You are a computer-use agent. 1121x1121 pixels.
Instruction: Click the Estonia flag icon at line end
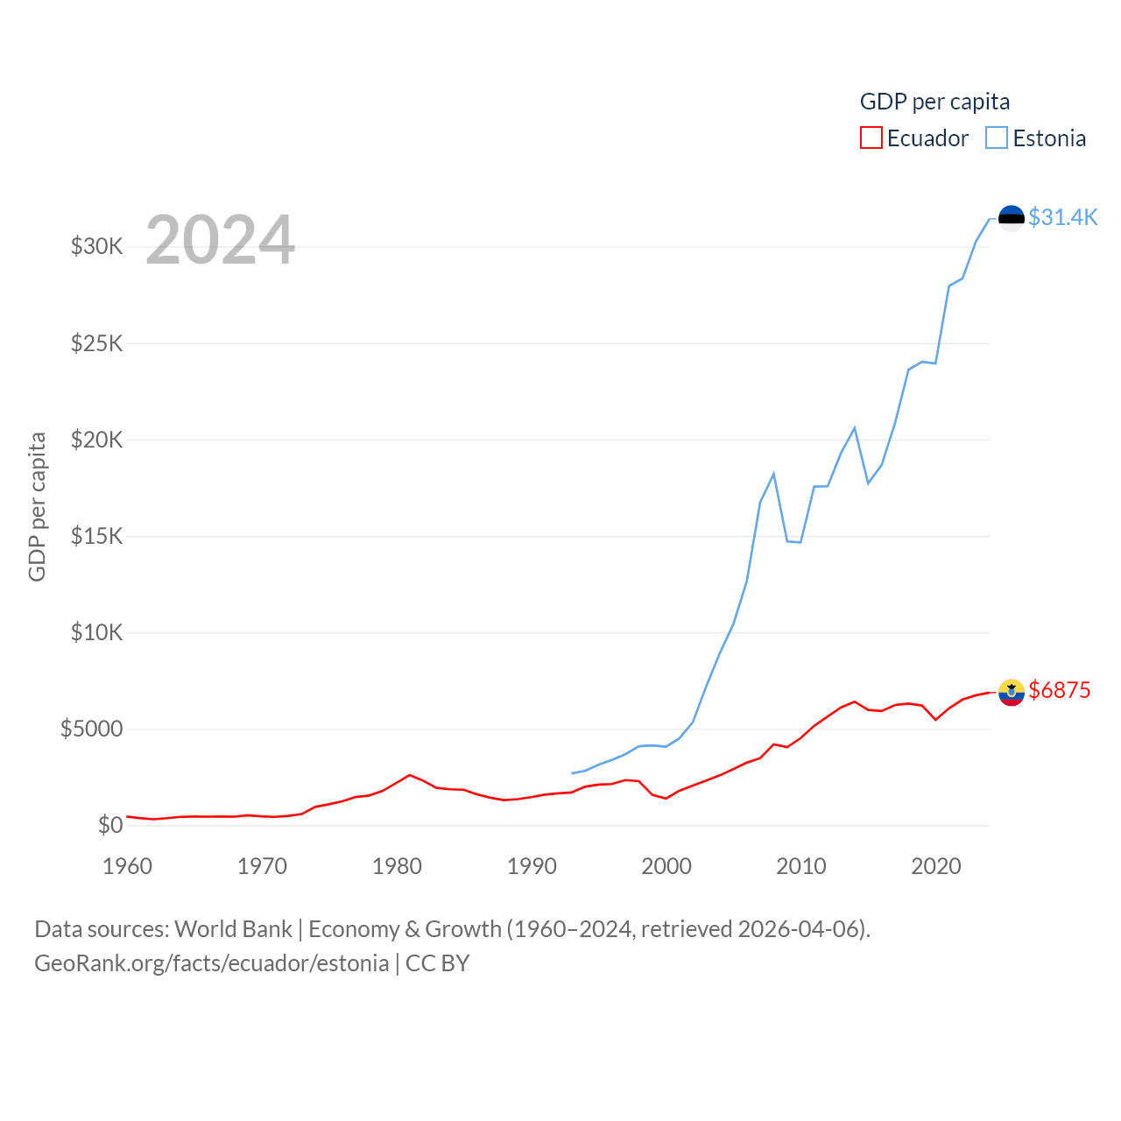[1012, 218]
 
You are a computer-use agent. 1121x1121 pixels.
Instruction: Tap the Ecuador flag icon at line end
[1012, 692]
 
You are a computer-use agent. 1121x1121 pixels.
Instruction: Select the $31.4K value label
[1062, 217]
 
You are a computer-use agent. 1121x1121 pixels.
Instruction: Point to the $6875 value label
[1060, 690]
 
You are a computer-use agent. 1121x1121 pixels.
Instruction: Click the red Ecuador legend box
[871, 138]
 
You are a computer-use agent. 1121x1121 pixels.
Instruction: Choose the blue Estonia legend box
[997, 138]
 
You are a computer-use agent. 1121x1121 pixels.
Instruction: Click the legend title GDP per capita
[934, 102]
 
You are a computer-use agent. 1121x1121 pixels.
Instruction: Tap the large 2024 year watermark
[220, 239]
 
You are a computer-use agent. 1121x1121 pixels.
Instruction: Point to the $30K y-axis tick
[97, 246]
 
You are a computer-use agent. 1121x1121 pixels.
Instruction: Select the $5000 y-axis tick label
[92, 729]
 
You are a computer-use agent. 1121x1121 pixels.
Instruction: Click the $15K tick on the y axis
[97, 536]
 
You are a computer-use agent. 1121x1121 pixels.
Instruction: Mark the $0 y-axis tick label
[110, 825]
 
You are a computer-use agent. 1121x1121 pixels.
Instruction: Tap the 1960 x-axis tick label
[128, 866]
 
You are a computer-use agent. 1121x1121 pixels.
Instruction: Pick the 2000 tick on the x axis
[666, 866]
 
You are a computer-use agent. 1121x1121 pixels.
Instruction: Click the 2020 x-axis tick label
[936, 866]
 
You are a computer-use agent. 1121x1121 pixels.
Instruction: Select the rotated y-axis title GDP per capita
[37, 506]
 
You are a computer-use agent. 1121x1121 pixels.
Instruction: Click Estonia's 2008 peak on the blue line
[774, 474]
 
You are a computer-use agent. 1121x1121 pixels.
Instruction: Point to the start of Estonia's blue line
[572, 773]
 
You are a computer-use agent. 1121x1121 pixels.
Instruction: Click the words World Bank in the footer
[233, 928]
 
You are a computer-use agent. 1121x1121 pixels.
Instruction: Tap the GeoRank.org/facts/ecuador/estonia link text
[212, 963]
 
